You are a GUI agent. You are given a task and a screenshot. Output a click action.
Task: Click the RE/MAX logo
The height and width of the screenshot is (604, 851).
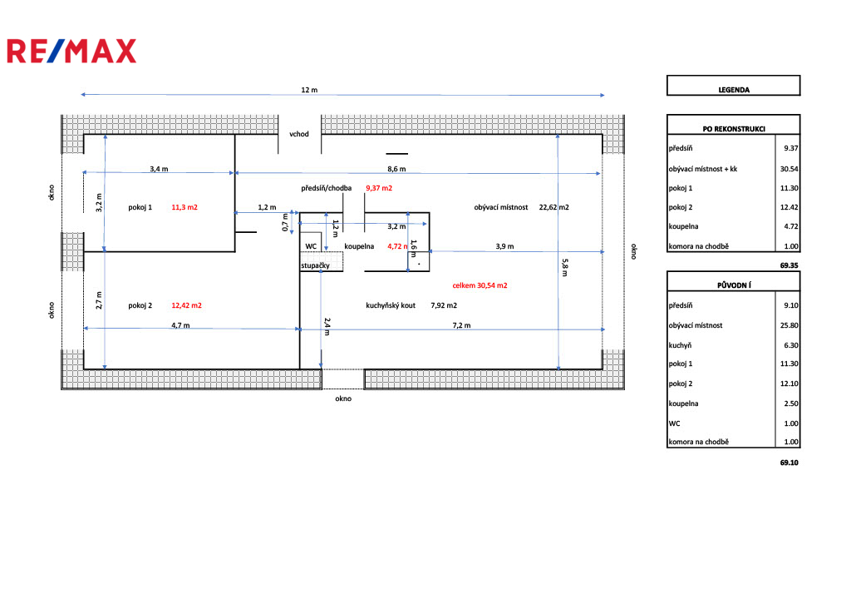point(71,51)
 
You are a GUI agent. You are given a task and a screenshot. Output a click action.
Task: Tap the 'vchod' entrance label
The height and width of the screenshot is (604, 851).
point(299,133)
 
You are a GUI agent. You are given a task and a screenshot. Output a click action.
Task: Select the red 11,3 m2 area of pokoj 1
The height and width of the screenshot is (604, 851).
point(184,206)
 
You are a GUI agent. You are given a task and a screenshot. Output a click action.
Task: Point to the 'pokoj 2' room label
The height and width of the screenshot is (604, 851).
point(140,305)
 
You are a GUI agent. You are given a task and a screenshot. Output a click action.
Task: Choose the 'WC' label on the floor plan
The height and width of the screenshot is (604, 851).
point(311,246)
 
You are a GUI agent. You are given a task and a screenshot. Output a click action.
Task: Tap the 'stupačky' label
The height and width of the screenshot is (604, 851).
point(317,265)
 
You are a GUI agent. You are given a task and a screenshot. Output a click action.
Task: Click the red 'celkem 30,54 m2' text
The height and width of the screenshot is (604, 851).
point(480,285)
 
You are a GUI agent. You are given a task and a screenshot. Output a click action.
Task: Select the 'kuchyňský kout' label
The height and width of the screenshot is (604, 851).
point(391,305)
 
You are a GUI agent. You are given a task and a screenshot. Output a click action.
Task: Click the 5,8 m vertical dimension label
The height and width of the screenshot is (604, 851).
point(565,266)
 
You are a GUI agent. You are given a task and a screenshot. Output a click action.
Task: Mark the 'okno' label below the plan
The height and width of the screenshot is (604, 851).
point(343,399)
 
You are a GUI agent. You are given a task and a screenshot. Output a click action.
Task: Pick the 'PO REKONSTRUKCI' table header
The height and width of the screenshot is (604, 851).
point(733,128)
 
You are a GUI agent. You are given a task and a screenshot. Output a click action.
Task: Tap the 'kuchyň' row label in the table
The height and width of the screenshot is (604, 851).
point(681,344)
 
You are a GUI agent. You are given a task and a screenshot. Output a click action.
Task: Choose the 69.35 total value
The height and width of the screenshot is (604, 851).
point(789,266)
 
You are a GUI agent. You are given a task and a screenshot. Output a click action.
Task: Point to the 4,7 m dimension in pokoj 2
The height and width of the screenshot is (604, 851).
point(180,325)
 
